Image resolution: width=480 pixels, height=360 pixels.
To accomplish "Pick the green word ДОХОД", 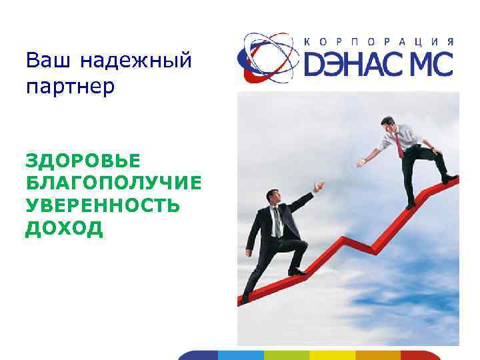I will point(64,229).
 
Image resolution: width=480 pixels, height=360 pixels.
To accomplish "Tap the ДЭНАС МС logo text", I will point(379,65).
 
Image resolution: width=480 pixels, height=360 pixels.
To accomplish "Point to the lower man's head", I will point(273,197).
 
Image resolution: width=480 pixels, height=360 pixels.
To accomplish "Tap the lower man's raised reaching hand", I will point(319,185).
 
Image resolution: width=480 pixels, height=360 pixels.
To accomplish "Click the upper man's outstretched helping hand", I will point(361,162).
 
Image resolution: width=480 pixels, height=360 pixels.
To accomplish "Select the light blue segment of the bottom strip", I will point(241,355).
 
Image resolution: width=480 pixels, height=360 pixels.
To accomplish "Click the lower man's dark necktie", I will point(276,221).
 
